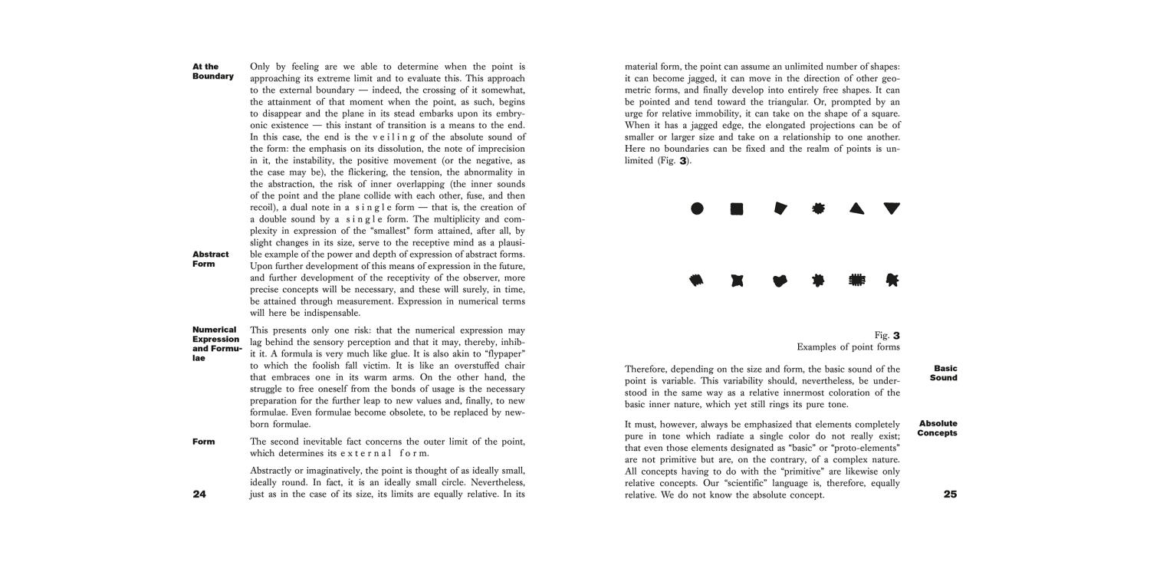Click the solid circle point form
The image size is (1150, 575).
click(x=697, y=209)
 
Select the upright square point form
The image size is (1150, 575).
click(x=737, y=209)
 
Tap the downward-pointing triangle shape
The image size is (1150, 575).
click(x=892, y=209)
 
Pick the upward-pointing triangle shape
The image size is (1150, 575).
click(x=857, y=209)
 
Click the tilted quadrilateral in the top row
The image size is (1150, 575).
click(x=780, y=209)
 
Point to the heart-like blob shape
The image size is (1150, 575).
click(x=780, y=281)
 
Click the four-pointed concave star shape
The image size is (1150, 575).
click(x=737, y=281)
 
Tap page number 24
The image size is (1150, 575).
click(x=199, y=495)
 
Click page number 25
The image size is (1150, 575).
click(x=950, y=495)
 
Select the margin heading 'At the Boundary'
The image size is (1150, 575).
click(x=212, y=71)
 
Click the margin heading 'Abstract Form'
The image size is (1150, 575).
click(x=210, y=259)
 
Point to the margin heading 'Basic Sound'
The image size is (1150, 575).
click(x=944, y=373)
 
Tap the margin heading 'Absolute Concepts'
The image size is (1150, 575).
click(x=937, y=428)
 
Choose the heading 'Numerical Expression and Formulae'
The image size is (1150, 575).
click(x=217, y=344)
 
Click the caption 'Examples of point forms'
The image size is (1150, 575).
click(x=848, y=347)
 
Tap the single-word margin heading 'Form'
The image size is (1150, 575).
click(x=204, y=442)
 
